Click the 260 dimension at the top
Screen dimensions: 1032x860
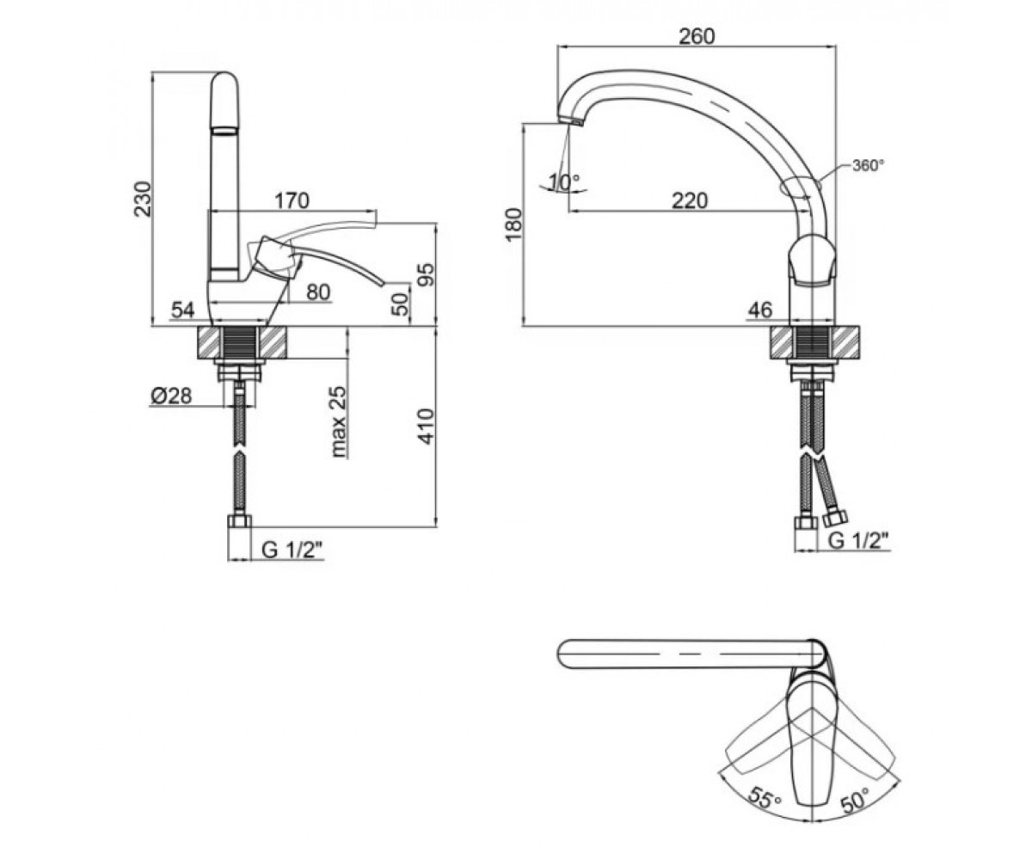point(697,36)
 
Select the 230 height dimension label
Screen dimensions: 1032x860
point(144,200)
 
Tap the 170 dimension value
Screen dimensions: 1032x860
point(292,200)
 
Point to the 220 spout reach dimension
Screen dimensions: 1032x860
point(690,200)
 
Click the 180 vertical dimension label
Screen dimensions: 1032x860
point(514,224)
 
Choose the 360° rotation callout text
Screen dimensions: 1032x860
point(869,165)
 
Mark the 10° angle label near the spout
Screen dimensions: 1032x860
point(564,182)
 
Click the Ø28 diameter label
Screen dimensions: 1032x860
point(170,396)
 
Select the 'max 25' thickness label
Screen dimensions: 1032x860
point(339,421)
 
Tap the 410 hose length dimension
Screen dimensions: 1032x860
point(427,426)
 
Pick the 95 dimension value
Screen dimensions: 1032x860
point(426,275)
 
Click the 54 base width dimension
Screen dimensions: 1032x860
point(183,310)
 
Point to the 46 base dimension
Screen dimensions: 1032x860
point(759,310)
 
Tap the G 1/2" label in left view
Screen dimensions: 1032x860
point(292,550)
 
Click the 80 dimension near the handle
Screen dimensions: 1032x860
point(318,292)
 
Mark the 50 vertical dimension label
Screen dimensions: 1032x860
point(401,304)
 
